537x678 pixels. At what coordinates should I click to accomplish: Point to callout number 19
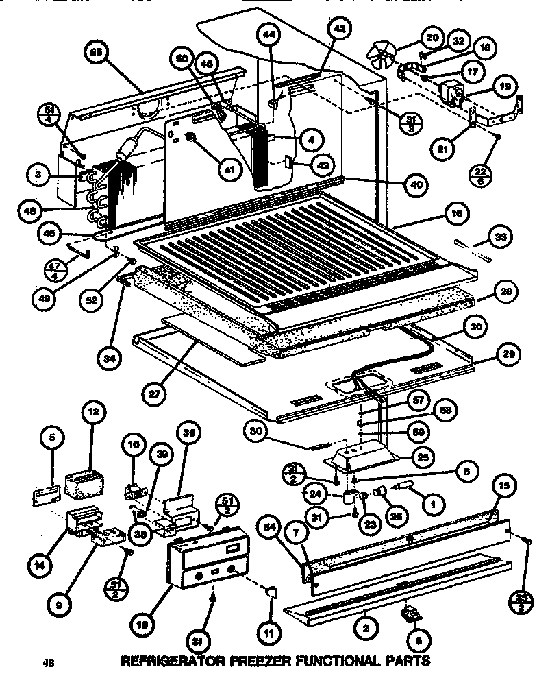click(x=503, y=88)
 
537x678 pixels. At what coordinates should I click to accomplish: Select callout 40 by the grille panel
click(x=415, y=184)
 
